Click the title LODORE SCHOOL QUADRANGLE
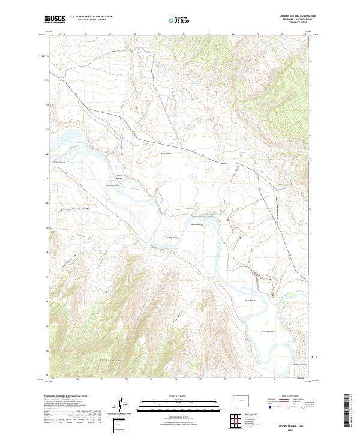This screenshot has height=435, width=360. point(288,16)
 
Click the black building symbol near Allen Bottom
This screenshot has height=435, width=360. point(274,295)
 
